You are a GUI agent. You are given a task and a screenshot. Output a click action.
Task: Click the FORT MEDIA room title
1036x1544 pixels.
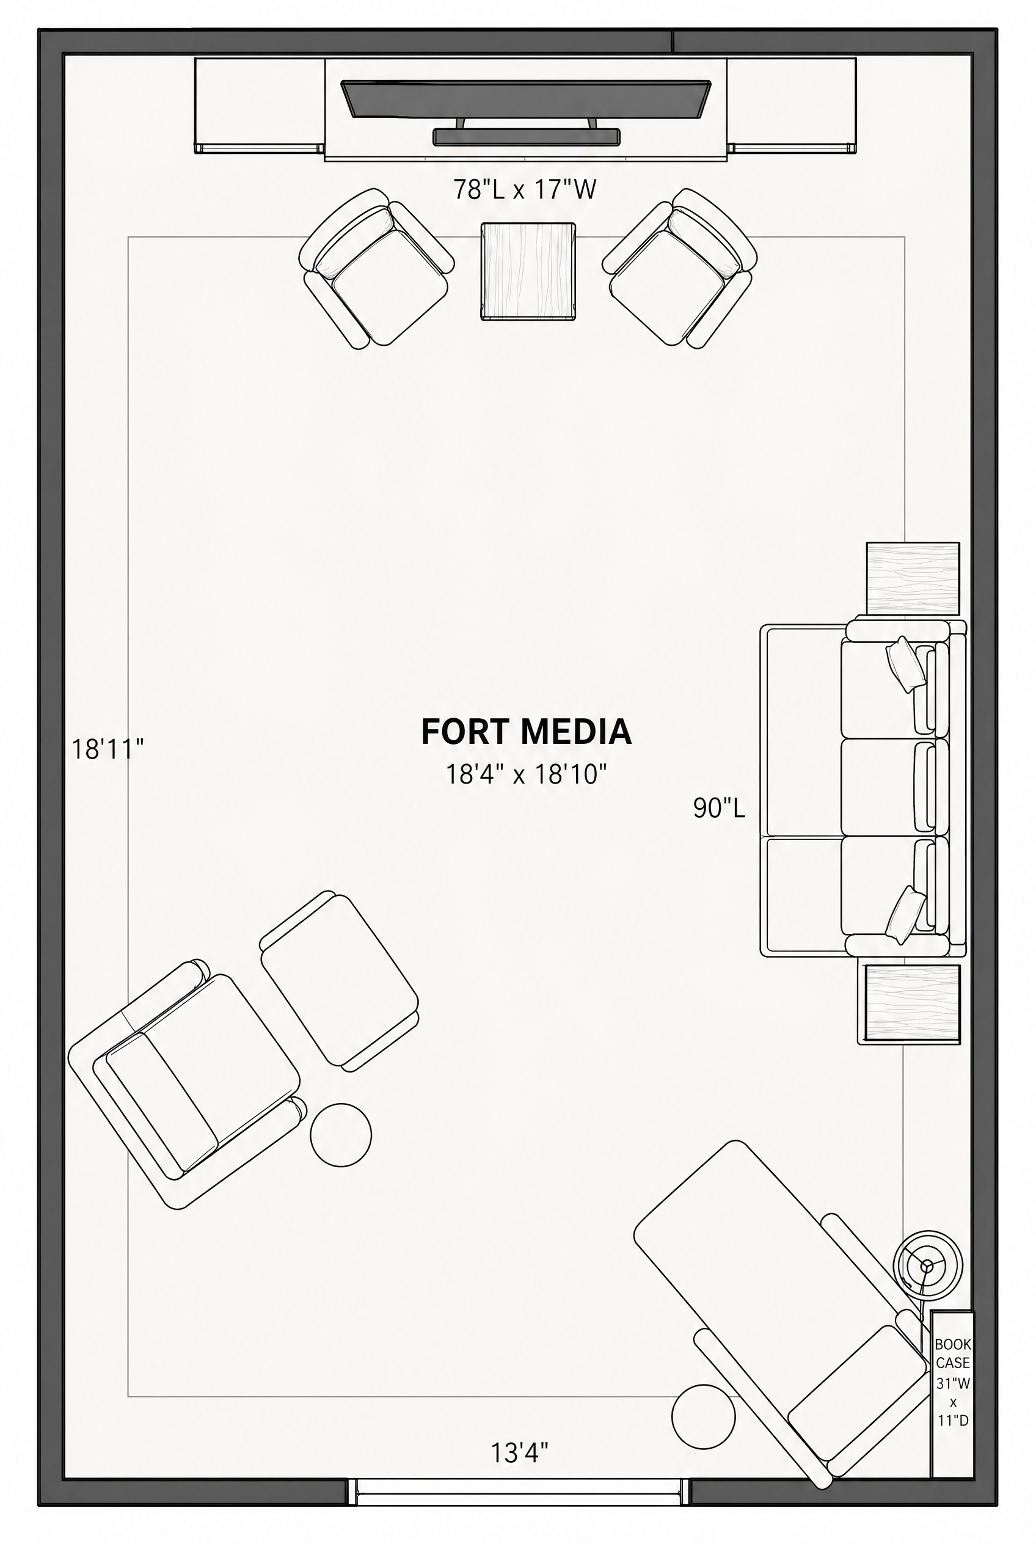click(526, 731)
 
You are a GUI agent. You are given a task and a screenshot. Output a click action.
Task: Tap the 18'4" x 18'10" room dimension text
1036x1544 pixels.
click(526, 774)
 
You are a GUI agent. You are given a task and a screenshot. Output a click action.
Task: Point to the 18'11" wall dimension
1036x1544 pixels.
click(108, 749)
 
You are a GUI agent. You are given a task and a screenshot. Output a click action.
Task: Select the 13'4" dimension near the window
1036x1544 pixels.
click(519, 1453)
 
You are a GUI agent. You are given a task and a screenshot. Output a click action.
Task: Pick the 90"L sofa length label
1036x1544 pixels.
click(719, 807)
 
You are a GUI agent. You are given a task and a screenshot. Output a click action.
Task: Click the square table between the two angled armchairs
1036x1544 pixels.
click(528, 272)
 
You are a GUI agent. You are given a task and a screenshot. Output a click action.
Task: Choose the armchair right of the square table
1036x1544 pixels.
click(680, 268)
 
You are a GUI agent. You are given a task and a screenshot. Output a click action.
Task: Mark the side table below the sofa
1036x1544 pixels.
click(908, 1004)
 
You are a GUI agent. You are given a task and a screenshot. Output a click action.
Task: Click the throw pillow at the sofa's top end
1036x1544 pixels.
click(905, 665)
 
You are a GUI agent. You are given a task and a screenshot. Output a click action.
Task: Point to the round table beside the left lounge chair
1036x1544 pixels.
click(341, 1135)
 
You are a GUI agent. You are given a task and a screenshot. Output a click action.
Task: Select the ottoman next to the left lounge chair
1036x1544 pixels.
click(340, 981)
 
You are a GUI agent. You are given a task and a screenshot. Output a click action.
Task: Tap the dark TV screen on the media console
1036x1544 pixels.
click(526, 99)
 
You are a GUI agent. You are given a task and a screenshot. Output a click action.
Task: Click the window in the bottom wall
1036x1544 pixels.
click(519, 1492)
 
